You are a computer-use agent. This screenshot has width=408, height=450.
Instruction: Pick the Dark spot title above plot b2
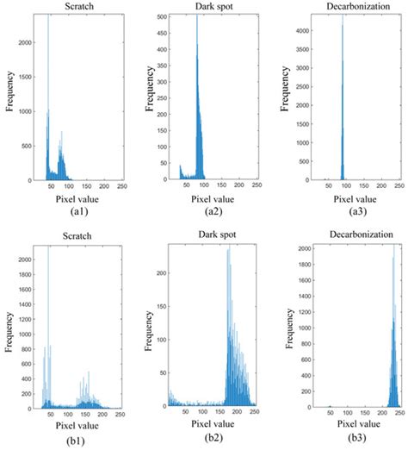pyautogui.click(x=201, y=234)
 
